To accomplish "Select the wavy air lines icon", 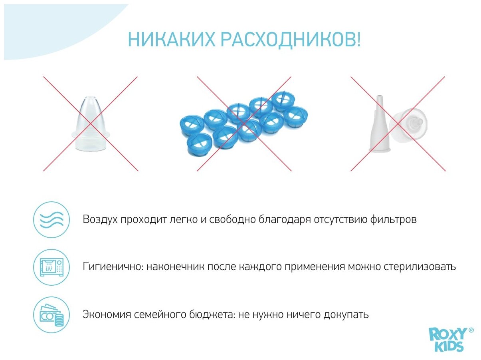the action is (x=51, y=220).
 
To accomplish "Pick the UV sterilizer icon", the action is (x=51, y=267).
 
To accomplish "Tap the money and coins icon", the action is (x=51, y=315).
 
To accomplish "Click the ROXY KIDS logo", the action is (x=447, y=340).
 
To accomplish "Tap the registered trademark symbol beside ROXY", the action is (x=471, y=330).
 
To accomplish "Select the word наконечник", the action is (x=175, y=267).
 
